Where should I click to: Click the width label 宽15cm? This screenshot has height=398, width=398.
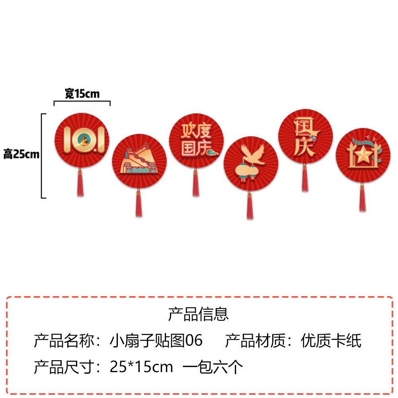82,94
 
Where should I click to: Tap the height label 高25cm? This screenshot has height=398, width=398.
21,154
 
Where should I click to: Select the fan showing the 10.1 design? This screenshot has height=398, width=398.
82,140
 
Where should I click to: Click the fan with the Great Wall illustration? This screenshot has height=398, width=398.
139,161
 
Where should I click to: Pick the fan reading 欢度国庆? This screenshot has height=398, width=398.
196,141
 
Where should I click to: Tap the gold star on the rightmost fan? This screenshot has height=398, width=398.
362,156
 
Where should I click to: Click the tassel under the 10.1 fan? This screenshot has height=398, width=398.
80,183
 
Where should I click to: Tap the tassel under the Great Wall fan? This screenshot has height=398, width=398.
139,203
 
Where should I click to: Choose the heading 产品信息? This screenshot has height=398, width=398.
198,314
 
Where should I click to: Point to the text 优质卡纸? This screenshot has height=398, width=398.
331,341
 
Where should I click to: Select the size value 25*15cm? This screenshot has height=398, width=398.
141,367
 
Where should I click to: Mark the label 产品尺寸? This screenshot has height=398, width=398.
64,367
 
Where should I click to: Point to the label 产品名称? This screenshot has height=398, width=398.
64,341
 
